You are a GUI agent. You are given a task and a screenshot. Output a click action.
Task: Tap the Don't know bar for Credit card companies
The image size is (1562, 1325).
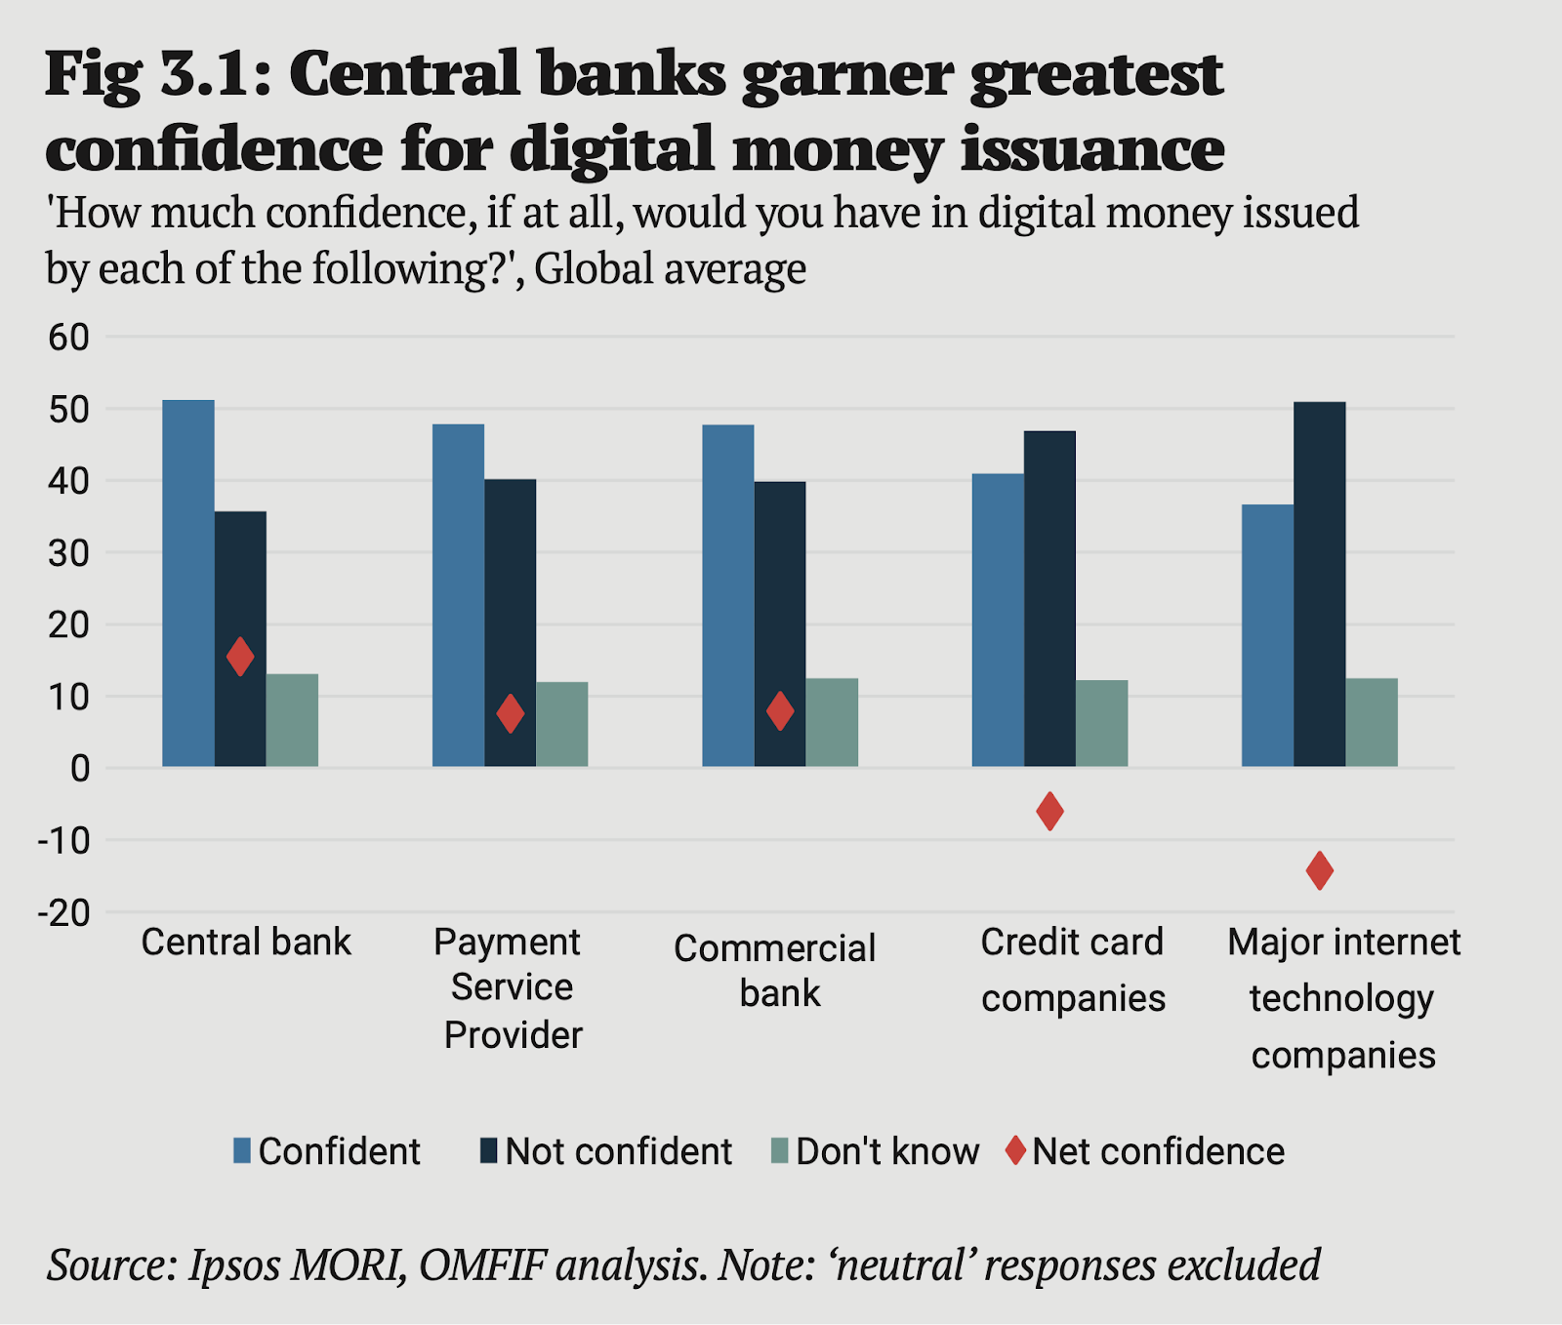pos(1101,723)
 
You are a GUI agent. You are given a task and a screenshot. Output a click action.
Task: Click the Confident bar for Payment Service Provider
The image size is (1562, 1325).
pos(458,595)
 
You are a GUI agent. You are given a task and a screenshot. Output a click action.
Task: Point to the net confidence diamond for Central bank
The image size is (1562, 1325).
pos(240,657)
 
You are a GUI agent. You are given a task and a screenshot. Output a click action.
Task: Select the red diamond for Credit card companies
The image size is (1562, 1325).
pos(1049,811)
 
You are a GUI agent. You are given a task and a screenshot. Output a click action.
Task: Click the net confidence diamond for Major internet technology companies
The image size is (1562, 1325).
pos(1319,870)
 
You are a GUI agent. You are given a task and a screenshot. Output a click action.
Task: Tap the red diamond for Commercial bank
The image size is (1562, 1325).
pos(780,710)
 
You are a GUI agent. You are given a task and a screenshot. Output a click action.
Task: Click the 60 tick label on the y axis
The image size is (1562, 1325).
pos(67,338)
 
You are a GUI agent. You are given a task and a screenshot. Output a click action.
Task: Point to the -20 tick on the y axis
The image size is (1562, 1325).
pos(64,913)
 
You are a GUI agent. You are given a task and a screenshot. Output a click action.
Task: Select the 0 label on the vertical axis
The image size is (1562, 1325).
pos(79,769)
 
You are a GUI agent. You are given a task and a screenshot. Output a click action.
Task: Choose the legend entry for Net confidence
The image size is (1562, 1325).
pos(1157,1151)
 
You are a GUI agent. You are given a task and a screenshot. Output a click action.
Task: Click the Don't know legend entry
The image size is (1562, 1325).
pos(886,1151)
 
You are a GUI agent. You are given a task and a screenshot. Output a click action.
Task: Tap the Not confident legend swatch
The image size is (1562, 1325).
pos(489,1150)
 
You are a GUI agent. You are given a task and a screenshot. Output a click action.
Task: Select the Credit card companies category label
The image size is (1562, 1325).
pos(1072,970)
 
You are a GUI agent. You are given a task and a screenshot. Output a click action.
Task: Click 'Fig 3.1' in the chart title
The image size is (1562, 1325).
pos(146,74)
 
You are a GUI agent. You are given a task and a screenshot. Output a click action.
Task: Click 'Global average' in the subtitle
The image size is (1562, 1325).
pos(670,268)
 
